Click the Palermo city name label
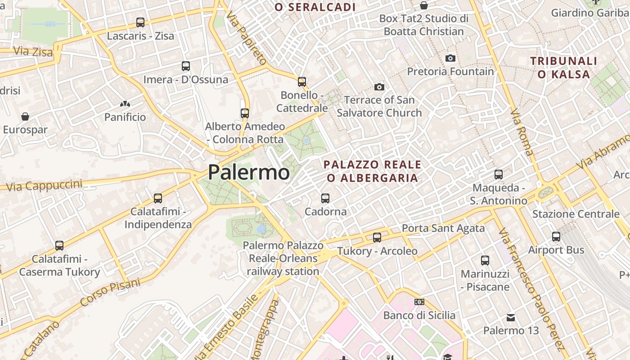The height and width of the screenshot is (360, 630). (x=249, y=172)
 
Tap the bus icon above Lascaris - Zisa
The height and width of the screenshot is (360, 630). (x=140, y=22)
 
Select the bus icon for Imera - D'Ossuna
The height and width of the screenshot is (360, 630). (x=186, y=66)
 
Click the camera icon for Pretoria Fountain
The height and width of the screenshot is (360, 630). (x=450, y=58)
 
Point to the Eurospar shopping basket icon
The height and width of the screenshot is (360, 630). (x=25, y=117)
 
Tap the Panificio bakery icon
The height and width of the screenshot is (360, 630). (x=125, y=104)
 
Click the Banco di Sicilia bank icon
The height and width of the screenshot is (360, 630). (x=419, y=302)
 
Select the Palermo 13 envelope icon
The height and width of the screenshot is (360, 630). (x=510, y=318)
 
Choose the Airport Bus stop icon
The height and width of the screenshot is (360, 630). (x=556, y=236)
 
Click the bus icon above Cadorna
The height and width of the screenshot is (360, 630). (x=325, y=198)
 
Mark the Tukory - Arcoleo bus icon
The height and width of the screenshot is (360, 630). (x=377, y=237)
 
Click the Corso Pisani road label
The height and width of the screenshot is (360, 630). (x=110, y=292)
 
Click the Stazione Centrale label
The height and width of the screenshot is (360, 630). (x=576, y=214)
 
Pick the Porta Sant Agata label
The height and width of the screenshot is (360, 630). (x=443, y=229)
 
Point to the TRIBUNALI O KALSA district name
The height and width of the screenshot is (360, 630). (x=563, y=67)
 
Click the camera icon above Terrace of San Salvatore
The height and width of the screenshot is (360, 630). (x=379, y=87)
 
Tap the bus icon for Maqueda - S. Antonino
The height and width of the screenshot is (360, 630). (x=499, y=174)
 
